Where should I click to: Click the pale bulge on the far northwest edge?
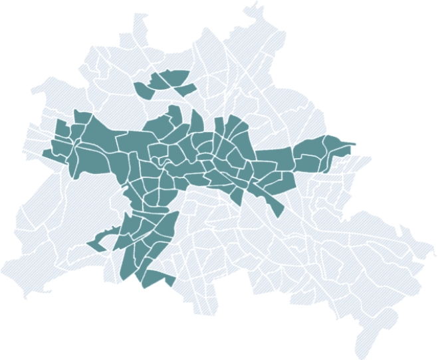pos(47,86)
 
